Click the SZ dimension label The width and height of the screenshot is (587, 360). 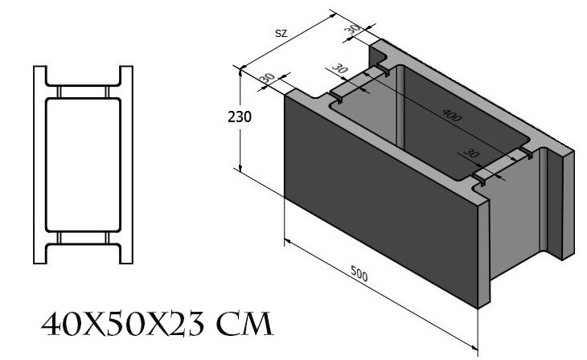pyautogui.click(x=281, y=33)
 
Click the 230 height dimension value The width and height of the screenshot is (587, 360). pyautogui.click(x=240, y=117)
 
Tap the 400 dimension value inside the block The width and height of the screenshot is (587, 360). pyautogui.click(x=452, y=115)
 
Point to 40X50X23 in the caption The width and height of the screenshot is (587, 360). pyautogui.click(x=123, y=324)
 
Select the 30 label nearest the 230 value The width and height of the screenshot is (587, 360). pyautogui.click(x=267, y=77)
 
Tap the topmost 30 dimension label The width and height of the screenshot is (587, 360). pyautogui.click(x=352, y=28)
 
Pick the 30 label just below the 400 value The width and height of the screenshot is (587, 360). pyautogui.click(x=471, y=153)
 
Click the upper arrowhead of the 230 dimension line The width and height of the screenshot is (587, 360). pyautogui.click(x=240, y=71)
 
